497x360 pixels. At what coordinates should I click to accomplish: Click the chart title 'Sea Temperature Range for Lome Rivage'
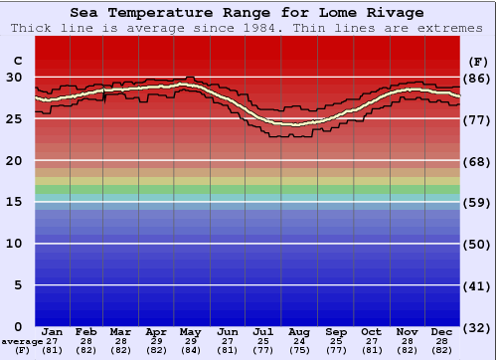[247, 12]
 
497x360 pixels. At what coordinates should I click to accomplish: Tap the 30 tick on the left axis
[14, 77]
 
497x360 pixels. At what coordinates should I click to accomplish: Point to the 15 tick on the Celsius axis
[14, 202]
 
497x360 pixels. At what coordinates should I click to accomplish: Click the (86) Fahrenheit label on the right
[478, 78]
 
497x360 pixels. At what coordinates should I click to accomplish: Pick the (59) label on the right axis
[478, 203]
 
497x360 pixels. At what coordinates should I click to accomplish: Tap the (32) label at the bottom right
[478, 328]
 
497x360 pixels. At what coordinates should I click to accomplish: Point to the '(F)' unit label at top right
[478, 61]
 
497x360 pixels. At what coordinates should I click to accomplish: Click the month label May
[192, 331]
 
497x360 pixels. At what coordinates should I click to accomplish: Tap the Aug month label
[299, 331]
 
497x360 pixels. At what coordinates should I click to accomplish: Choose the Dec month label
[442, 331]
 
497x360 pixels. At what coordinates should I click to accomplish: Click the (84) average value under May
[192, 350]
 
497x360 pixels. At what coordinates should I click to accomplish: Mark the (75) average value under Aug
[299, 350]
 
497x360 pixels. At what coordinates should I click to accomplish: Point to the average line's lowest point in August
[294, 124]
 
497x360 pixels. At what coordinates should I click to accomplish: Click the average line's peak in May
[187, 85]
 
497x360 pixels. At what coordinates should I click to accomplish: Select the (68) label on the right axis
[478, 161]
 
